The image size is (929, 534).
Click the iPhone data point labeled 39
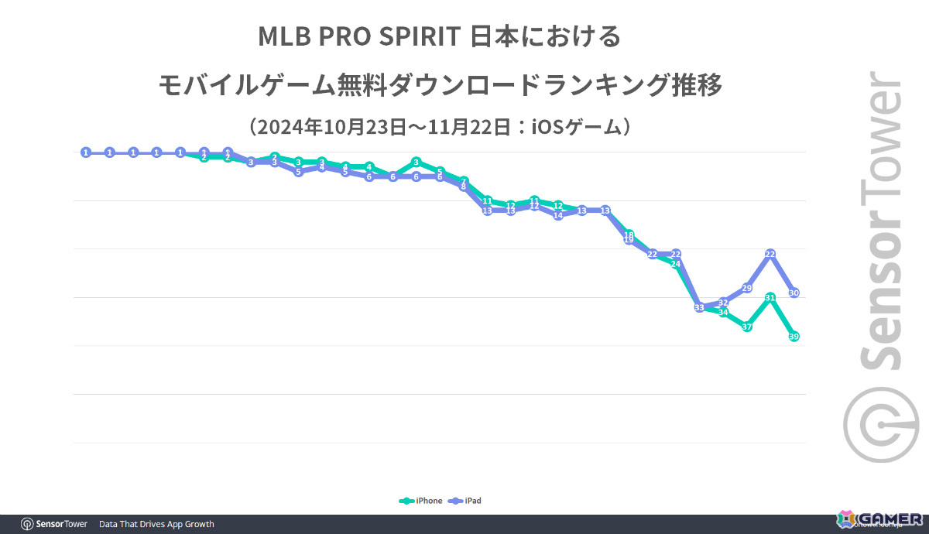794,336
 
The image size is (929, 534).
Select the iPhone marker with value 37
747,327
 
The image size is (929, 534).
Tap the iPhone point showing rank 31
770,297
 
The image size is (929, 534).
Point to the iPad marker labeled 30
794,293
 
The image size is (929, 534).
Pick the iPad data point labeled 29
747,288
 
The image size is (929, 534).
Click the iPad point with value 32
724,303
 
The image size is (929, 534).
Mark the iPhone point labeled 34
724,312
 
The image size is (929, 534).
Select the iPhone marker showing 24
676,264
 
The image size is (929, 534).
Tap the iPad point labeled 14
558,215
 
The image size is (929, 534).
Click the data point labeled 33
699,307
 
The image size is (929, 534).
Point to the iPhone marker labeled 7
464,181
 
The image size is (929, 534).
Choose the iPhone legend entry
422,501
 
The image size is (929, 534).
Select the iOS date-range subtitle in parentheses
440,126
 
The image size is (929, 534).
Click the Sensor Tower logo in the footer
54,524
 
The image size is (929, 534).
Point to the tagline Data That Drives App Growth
156,524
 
